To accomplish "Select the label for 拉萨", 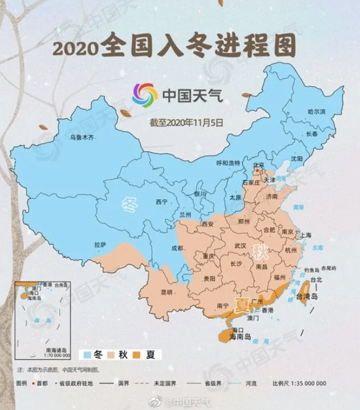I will click(x=100, y=244).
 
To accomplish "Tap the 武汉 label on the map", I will click(x=240, y=245).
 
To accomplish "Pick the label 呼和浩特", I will click(x=227, y=163).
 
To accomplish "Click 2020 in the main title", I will click(x=75, y=47).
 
